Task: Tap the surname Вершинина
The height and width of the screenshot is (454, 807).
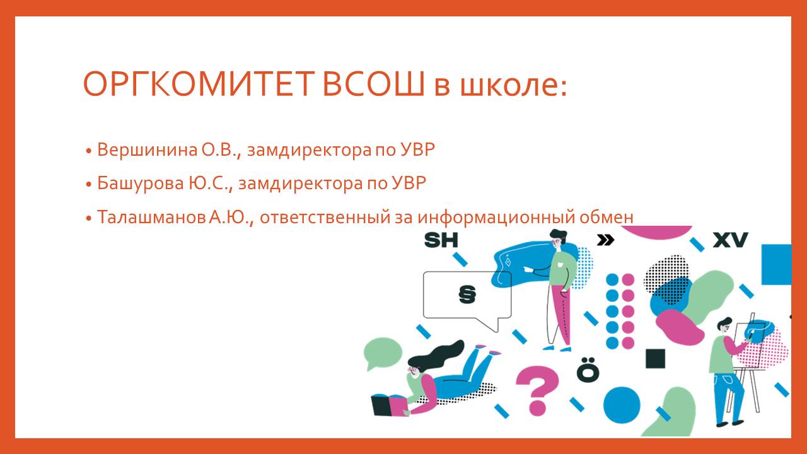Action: coord(148,149)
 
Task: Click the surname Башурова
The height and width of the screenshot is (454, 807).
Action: coord(141,183)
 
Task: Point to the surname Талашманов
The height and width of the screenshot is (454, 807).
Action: coord(151,216)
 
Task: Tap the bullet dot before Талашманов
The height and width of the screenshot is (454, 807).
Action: coord(89,218)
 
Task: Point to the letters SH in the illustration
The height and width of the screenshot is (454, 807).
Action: coord(441,240)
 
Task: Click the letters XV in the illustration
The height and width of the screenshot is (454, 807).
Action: coord(730,240)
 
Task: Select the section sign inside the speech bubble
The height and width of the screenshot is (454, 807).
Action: coord(467,294)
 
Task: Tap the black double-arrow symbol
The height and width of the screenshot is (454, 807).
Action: coord(605,240)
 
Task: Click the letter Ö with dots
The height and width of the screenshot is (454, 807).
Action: coord(588,370)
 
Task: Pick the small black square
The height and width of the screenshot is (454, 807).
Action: coord(655,359)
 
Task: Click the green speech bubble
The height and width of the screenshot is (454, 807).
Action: coord(382,353)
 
